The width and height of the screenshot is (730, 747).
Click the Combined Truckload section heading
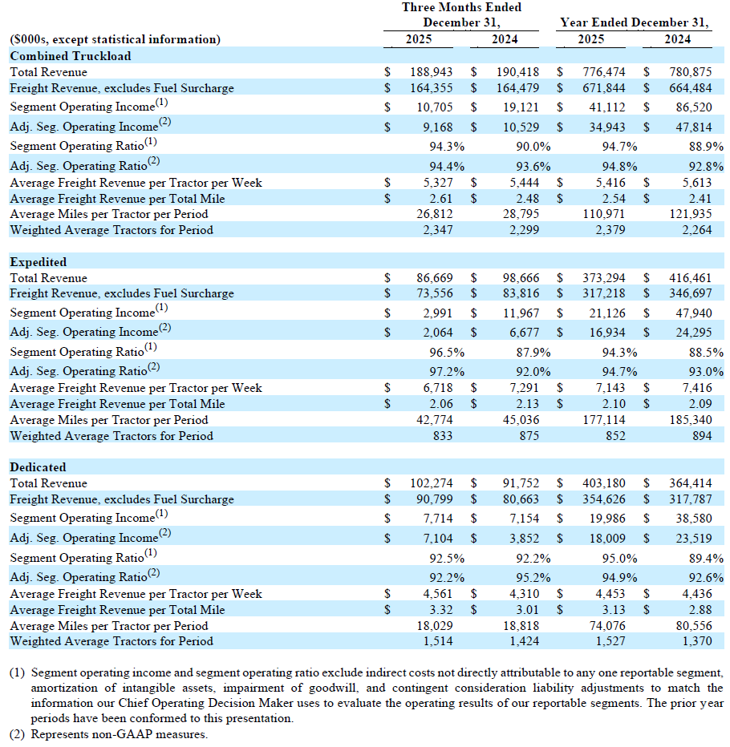click(71, 56)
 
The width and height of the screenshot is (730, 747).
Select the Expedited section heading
click(39, 262)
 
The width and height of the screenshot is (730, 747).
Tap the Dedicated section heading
click(39, 467)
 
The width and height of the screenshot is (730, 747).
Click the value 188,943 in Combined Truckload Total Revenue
click(432, 72)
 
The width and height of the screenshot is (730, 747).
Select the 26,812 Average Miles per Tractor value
click(434, 214)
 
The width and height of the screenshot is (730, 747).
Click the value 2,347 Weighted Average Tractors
click(437, 230)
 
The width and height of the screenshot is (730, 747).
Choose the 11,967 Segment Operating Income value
click(521, 313)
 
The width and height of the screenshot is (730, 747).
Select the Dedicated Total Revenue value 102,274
click(432, 483)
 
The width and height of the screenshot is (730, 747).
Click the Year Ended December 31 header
click(635, 22)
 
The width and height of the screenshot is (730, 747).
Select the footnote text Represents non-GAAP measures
click(120, 734)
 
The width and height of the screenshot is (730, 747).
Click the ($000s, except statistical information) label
click(115, 39)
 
